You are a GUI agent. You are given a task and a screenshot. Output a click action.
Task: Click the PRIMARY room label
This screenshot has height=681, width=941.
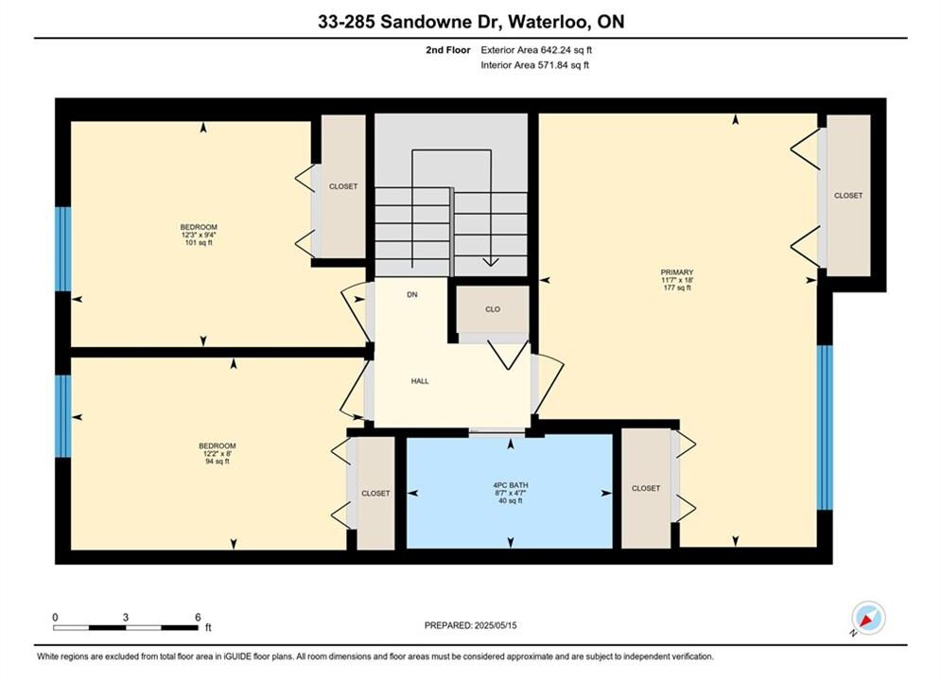(x=677, y=272)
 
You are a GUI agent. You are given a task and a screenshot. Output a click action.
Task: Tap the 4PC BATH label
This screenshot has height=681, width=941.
(x=511, y=485)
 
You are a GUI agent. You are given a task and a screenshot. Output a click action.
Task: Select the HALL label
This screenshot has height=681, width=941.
(x=420, y=381)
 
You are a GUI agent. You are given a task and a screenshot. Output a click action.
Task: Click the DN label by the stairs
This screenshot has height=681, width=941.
(x=412, y=294)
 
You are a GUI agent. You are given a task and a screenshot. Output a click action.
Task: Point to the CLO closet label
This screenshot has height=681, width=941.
(x=493, y=309)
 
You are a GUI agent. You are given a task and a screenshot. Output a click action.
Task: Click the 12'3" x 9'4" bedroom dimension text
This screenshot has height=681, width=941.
(x=199, y=236)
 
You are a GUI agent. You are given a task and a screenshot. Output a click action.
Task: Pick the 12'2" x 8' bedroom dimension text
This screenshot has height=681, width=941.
(x=218, y=454)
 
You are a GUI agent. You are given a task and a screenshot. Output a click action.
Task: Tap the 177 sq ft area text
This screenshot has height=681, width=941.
(x=677, y=288)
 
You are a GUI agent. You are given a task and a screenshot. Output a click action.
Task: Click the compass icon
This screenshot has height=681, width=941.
(x=868, y=618)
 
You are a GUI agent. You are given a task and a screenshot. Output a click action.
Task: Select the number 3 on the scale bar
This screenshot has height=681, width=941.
(x=126, y=617)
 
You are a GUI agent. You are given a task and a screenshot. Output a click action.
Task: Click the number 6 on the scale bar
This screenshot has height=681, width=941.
(x=198, y=617)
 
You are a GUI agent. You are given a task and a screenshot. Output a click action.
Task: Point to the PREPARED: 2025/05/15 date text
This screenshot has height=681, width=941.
(x=471, y=625)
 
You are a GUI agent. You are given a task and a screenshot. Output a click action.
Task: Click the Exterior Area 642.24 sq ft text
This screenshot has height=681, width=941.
(x=536, y=50)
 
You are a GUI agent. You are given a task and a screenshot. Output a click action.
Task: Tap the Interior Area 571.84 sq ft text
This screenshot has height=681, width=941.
(x=534, y=65)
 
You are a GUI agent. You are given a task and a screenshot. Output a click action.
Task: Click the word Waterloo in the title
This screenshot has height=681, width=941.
(x=548, y=22)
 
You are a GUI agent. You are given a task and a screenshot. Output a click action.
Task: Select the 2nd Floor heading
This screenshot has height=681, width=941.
(x=448, y=50)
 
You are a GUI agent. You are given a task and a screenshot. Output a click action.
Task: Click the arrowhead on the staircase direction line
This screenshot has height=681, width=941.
(x=491, y=262)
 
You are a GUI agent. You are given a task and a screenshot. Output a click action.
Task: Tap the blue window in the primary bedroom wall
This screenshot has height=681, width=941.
(x=826, y=428)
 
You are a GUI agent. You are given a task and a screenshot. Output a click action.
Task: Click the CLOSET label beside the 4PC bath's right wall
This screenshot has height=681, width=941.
(x=646, y=488)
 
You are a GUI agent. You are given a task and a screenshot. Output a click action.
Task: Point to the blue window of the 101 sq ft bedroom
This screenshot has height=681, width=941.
(x=63, y=249)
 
